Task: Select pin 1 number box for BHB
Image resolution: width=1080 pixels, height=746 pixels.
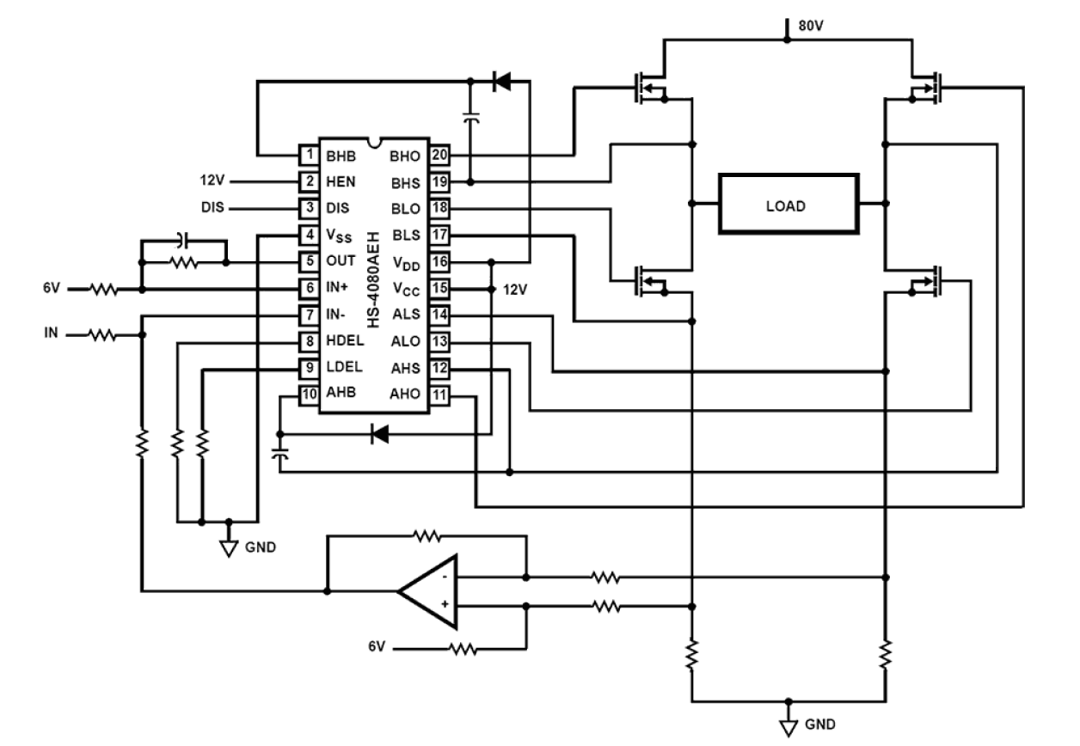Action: tap(307, 156)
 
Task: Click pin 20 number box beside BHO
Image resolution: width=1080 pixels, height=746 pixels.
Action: tap(439, 156)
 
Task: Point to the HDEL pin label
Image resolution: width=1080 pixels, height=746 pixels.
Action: tap(345, 340)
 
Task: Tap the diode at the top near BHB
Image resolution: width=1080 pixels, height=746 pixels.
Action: tap(500, 82)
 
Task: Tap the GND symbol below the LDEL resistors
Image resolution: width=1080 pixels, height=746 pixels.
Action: tap(228, 547)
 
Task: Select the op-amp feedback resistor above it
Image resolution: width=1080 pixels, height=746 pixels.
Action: tap(426, 536)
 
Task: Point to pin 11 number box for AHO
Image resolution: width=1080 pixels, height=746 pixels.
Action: tap(439, 394)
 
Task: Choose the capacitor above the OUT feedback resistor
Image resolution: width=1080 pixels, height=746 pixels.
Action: tap(183, 238)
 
